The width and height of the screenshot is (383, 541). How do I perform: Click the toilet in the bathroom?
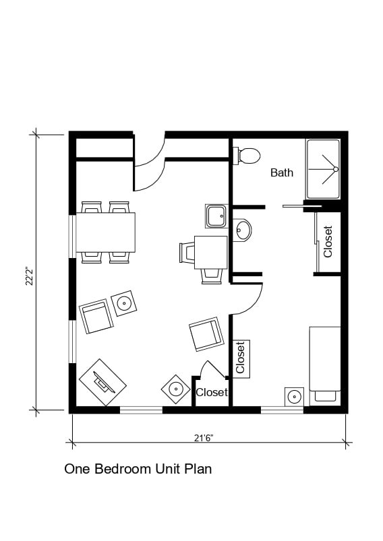pos(247,156)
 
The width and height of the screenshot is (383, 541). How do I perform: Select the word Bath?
pos(282,172)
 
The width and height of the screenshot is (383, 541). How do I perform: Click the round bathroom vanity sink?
pos(242,230)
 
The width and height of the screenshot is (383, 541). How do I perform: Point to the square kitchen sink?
pos(216,216)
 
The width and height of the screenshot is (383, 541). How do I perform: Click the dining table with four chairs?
pos(105,232)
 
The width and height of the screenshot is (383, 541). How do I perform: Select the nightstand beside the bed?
pos(294,396)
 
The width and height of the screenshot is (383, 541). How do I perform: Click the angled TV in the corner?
pos(102,383)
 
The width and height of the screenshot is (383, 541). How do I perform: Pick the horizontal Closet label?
pos(212,392)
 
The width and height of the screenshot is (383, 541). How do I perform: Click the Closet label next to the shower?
pos(328,241)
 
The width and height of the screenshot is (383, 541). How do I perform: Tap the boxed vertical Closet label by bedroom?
pos(241,358)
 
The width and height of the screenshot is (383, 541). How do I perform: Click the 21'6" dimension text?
pos(204,438)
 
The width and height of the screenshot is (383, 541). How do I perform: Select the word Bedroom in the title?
pos(124,469)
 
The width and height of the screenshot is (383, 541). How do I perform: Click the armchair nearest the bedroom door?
pos(206,334)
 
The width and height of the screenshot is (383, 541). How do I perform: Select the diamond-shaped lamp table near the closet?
pos(175,389)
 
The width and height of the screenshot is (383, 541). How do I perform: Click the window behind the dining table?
pos(72,236)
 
